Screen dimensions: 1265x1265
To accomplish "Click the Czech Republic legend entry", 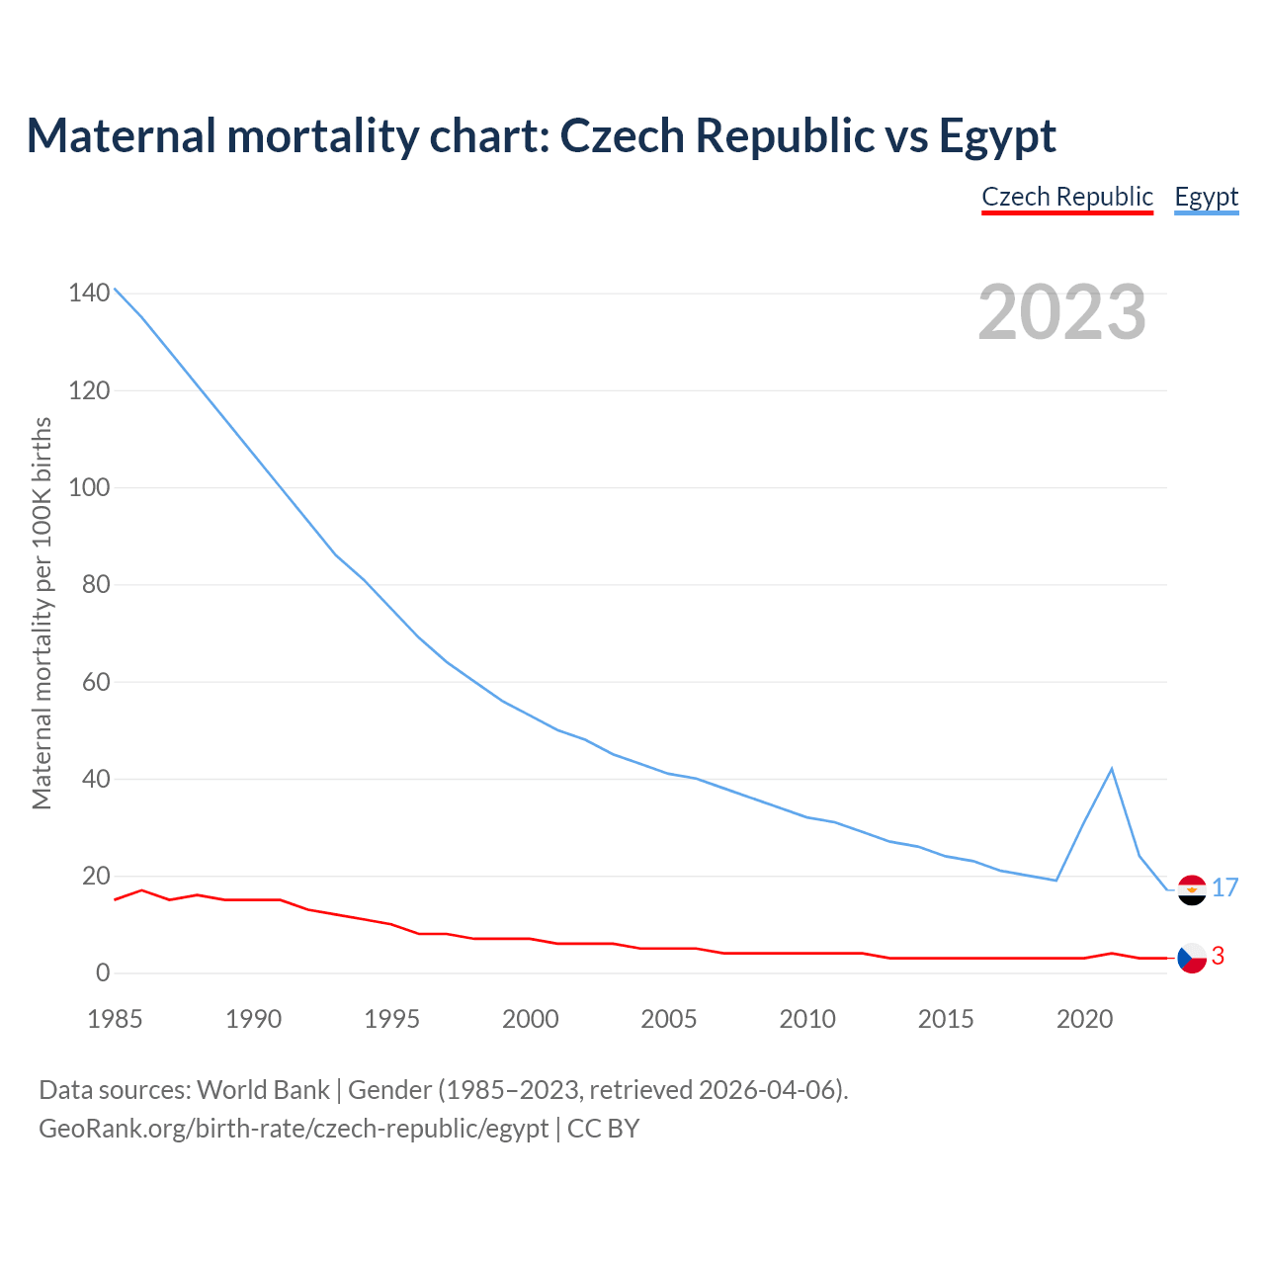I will tap(1067, 197).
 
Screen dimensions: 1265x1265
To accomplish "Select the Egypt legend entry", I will tap(1206, 197).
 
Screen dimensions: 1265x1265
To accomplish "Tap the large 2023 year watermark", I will tap(1062, 312).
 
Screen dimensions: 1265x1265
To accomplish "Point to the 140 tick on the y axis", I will tap(89, 294).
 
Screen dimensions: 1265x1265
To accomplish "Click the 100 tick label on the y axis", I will tap(89, 487).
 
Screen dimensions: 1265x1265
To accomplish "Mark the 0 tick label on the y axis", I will tap(103, 973).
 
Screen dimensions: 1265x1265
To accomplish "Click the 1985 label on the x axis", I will tap(115, 1019).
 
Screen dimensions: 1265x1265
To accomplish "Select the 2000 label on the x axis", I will tap(531, 1019).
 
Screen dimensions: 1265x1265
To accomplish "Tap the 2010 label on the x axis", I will tap(807, 1019).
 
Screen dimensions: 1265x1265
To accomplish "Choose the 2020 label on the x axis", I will tap(1085, 1019).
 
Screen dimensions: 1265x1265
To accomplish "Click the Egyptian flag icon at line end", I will tap(1193, 889).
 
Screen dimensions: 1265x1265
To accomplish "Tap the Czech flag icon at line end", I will tap(1193, 958).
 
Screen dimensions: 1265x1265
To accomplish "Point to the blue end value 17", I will tap(1225, 887).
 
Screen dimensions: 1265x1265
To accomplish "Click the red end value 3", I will tap(1219, 956).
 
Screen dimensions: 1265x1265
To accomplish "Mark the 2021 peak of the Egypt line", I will tap(1112, 769).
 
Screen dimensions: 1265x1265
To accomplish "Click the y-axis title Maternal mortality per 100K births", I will tap(42, 613).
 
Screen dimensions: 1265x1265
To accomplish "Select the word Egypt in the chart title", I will tap(997, 135).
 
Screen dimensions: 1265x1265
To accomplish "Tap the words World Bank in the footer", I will tap(263, 1090).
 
